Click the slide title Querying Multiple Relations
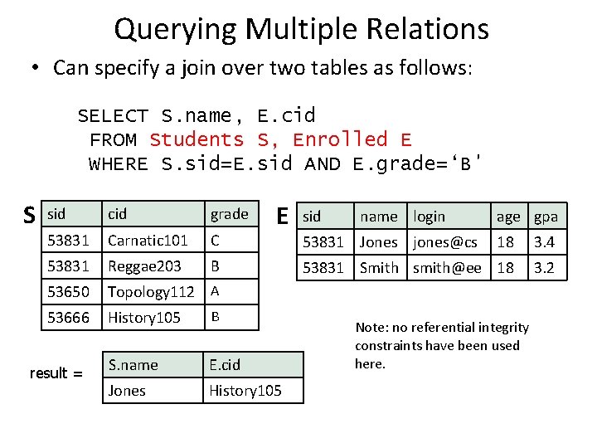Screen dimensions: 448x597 [301, 30]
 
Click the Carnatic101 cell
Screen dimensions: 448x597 [148, 241]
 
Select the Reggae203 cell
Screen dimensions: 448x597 [144, 266]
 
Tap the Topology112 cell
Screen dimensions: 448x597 [151, 292]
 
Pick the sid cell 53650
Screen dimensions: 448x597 [69, 292]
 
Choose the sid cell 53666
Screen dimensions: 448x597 [69, 318]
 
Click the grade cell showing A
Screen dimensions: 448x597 [215, 291]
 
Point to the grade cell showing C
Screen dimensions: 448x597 [215, 241]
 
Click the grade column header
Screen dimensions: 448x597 [229, 215]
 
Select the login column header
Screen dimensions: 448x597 [430, 217]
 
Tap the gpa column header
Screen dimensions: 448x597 [546, 217]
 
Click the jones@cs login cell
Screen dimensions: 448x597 [445, 242]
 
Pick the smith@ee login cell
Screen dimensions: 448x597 [447, 267]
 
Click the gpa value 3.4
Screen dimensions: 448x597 [544, 242]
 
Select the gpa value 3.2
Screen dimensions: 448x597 [544, 267]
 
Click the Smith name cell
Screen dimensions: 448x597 [379, 267]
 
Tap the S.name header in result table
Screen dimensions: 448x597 [133, 364]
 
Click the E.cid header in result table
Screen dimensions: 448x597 [225, 364]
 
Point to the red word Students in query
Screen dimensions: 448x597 [197, 139]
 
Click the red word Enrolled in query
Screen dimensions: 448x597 [340, 139]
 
